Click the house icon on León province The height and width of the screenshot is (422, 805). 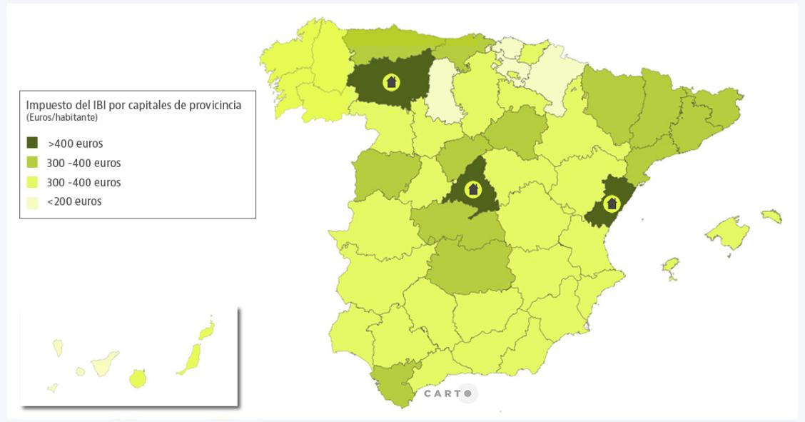[390, 81]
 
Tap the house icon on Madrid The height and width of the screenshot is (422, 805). [472, 189]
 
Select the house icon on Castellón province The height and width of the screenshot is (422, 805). [611, 204]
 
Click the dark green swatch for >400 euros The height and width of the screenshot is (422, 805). [33, 143]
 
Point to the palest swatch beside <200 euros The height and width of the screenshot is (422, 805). [33, 201]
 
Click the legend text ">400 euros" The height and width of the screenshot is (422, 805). [75, 144]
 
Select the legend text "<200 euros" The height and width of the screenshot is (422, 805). [74, 201]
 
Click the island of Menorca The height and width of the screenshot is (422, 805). [771, 215]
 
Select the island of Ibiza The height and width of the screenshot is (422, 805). [670, 268]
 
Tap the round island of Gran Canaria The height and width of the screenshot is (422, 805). [138, 378]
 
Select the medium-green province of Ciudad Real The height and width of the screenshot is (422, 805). [470, 268]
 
